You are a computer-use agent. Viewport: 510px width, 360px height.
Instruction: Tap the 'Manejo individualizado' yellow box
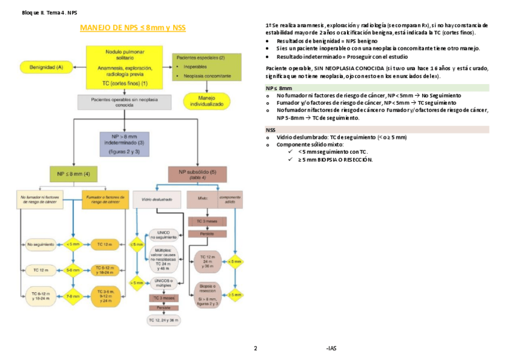[x=206, y=100]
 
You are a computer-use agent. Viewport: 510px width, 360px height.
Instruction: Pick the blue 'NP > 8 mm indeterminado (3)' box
[x=124, y=144]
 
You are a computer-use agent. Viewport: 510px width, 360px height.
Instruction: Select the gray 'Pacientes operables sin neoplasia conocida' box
[x=124, y=102]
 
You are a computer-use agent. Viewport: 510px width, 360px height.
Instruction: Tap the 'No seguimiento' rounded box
[x=40, y=244]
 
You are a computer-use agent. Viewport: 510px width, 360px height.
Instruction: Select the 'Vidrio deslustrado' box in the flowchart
[x=156, y=199]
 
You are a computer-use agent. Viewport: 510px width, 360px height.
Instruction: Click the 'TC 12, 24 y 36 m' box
[x=164, y=321]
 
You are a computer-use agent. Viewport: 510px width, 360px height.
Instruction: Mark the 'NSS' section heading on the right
[x=271, y=129]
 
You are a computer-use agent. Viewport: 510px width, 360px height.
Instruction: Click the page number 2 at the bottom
[x=256, y=349]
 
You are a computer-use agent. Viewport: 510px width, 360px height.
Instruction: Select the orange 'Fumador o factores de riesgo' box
[x=105, y=200]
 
